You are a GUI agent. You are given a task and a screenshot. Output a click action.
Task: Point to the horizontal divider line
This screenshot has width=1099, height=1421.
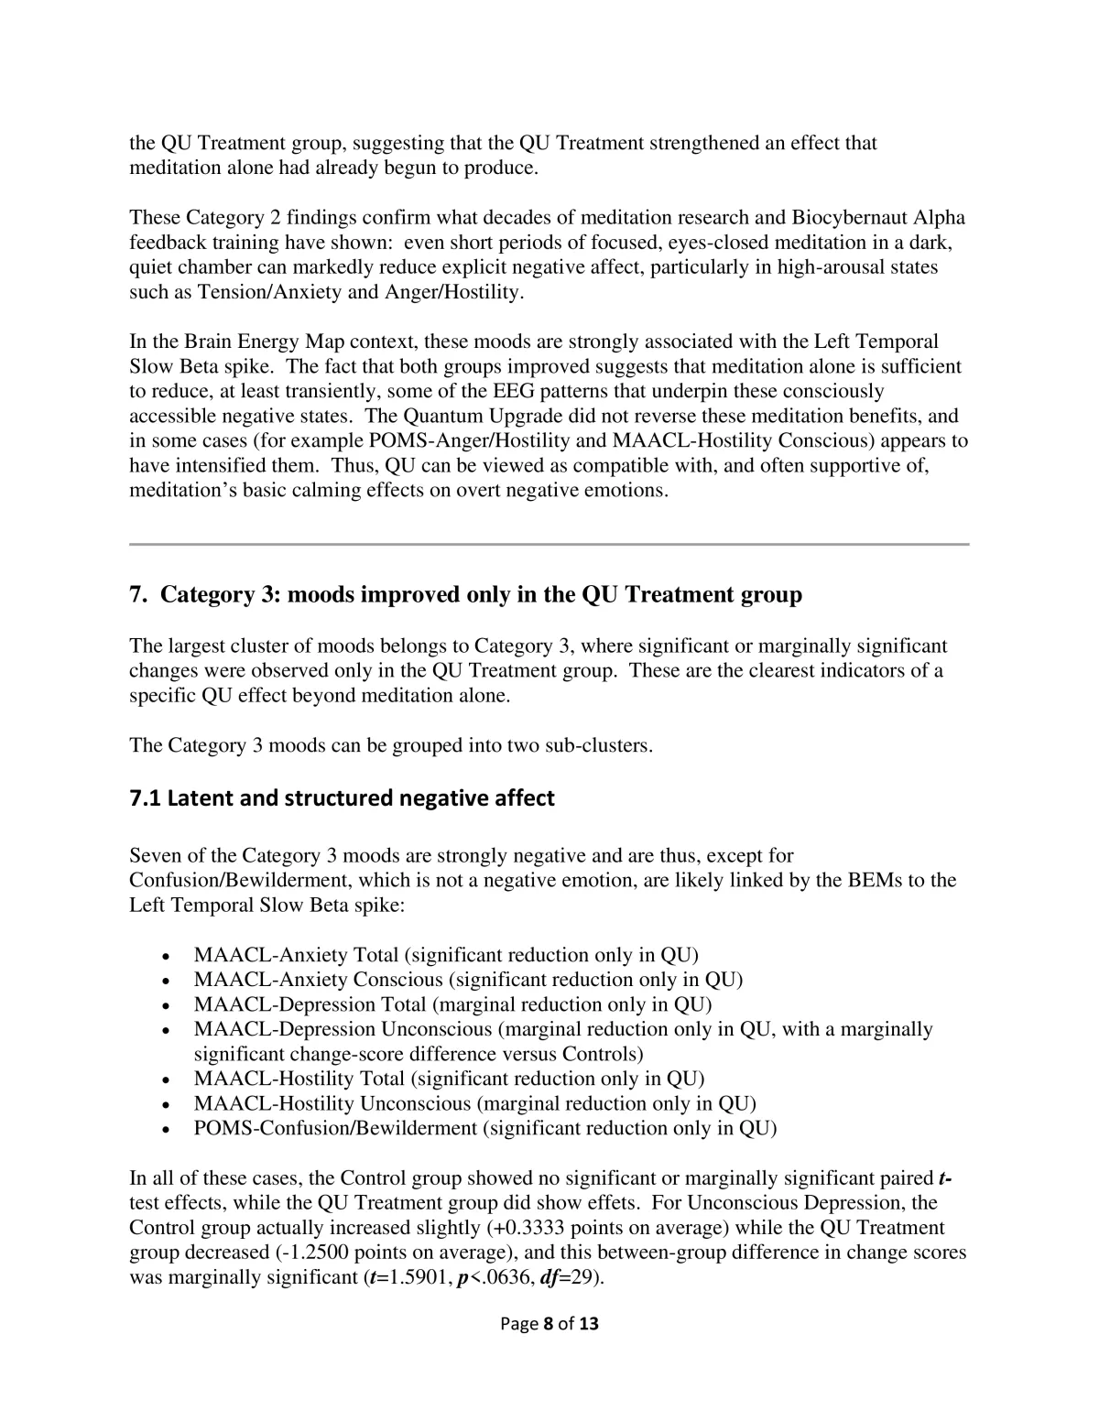pos(549,544)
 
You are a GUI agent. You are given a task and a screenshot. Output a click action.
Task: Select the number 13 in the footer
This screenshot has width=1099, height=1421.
pos(589,1323)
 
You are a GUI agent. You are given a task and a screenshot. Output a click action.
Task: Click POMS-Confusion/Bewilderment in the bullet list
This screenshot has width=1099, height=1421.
pos(335,1128)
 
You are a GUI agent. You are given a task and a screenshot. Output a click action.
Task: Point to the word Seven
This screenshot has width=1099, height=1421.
pos(155,856)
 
